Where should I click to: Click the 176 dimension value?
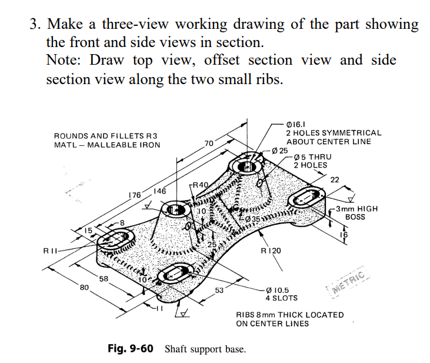point(135,195)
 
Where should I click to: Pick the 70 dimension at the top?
point(208,144)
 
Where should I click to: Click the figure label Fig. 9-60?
point(131,349)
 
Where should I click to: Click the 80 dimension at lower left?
point(84,288)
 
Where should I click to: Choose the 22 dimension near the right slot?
point(336,179)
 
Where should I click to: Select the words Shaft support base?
point(205,349)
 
